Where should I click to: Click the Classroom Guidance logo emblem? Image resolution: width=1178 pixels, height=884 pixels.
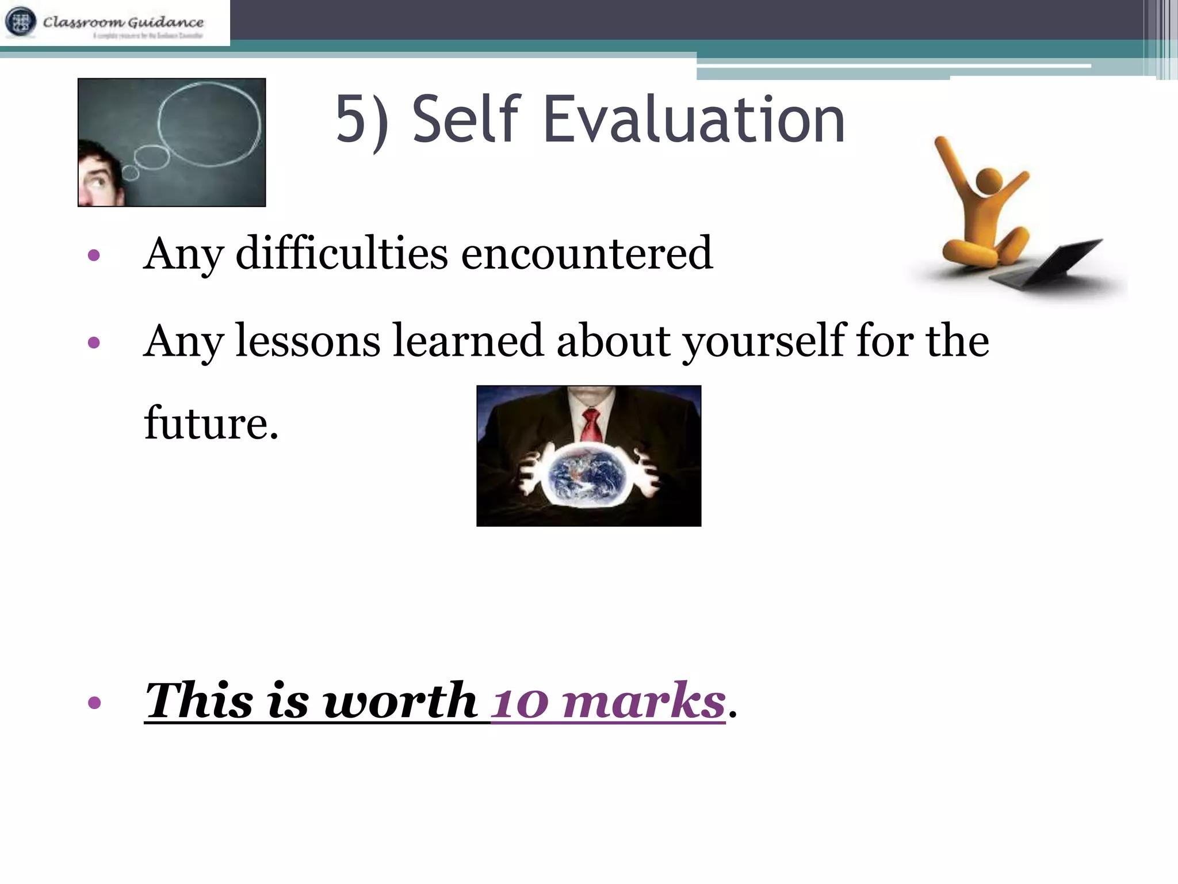point(21,22)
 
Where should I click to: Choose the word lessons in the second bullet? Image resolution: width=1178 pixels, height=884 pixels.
point(308,341)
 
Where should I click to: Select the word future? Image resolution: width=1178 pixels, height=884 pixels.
point(211,423)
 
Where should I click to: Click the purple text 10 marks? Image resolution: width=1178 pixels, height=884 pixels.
point(609,701)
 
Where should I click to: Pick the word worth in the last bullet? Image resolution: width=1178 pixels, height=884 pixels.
point(400,701)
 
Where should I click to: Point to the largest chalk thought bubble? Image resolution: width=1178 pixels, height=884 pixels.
point(208,124)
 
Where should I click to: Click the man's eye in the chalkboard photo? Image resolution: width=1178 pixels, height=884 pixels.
point(98,181)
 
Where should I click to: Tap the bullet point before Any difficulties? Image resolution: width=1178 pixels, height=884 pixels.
point(94,255)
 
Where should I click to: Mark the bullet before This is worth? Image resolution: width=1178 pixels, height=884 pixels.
point(94,703)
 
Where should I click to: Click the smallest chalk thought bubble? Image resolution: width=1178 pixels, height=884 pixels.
point(131,173)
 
